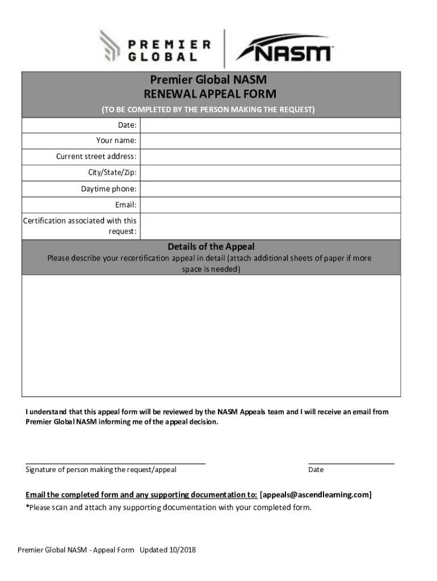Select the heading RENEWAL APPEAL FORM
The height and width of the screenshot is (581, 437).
211,94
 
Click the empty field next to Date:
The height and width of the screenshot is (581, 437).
270,125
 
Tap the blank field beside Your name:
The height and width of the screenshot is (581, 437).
270,141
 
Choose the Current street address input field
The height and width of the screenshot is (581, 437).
270,157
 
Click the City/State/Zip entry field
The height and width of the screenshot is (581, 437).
270,172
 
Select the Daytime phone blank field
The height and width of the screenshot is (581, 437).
270,189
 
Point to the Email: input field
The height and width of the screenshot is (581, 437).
270,205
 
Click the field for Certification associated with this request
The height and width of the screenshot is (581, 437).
270,226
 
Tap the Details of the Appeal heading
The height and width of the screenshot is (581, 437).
211,247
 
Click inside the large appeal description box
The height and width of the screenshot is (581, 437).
211,335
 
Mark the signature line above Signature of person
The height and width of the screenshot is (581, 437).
115,463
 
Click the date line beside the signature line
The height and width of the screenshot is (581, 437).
351,463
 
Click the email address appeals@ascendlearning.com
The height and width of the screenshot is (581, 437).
316,495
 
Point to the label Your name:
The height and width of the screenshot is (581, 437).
116,141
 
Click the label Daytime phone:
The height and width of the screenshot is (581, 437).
108,189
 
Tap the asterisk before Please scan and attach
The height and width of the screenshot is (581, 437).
27,507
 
